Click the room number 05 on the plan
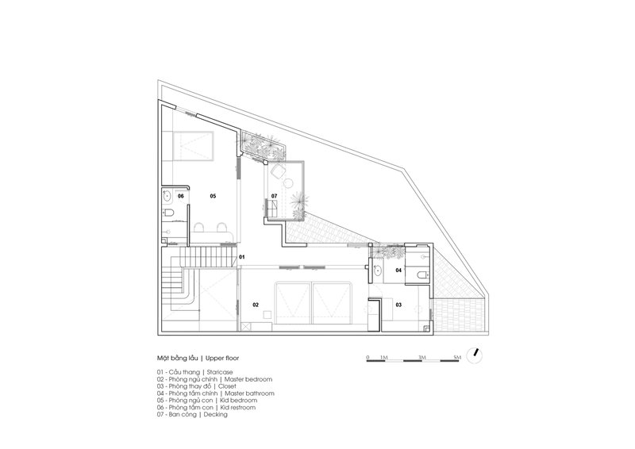[x=213, y=196]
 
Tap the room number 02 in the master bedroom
[x=256, y=305]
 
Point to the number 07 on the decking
[x=274, y=196]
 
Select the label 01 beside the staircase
[x=242, y=257]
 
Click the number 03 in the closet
[x=398, y=305]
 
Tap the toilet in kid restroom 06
[x=169, y=213]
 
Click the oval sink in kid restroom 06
[x=167, y=197]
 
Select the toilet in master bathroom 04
[x=422, y=275]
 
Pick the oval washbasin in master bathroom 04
[x=378, y=270]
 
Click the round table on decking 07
[x=288, y=184]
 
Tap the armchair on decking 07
[x=278, y=171]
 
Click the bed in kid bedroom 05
[x=193, y=146]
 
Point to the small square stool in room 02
[x=267, y=315]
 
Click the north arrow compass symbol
[x=475, y=355]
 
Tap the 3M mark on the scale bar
[x=422, y=358]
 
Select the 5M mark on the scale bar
[x=457, y=358]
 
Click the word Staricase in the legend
[x=220, y=372]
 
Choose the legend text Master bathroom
[x=249, y=393]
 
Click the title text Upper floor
[x=222, y=359]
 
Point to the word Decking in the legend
[x=215, y=415]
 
